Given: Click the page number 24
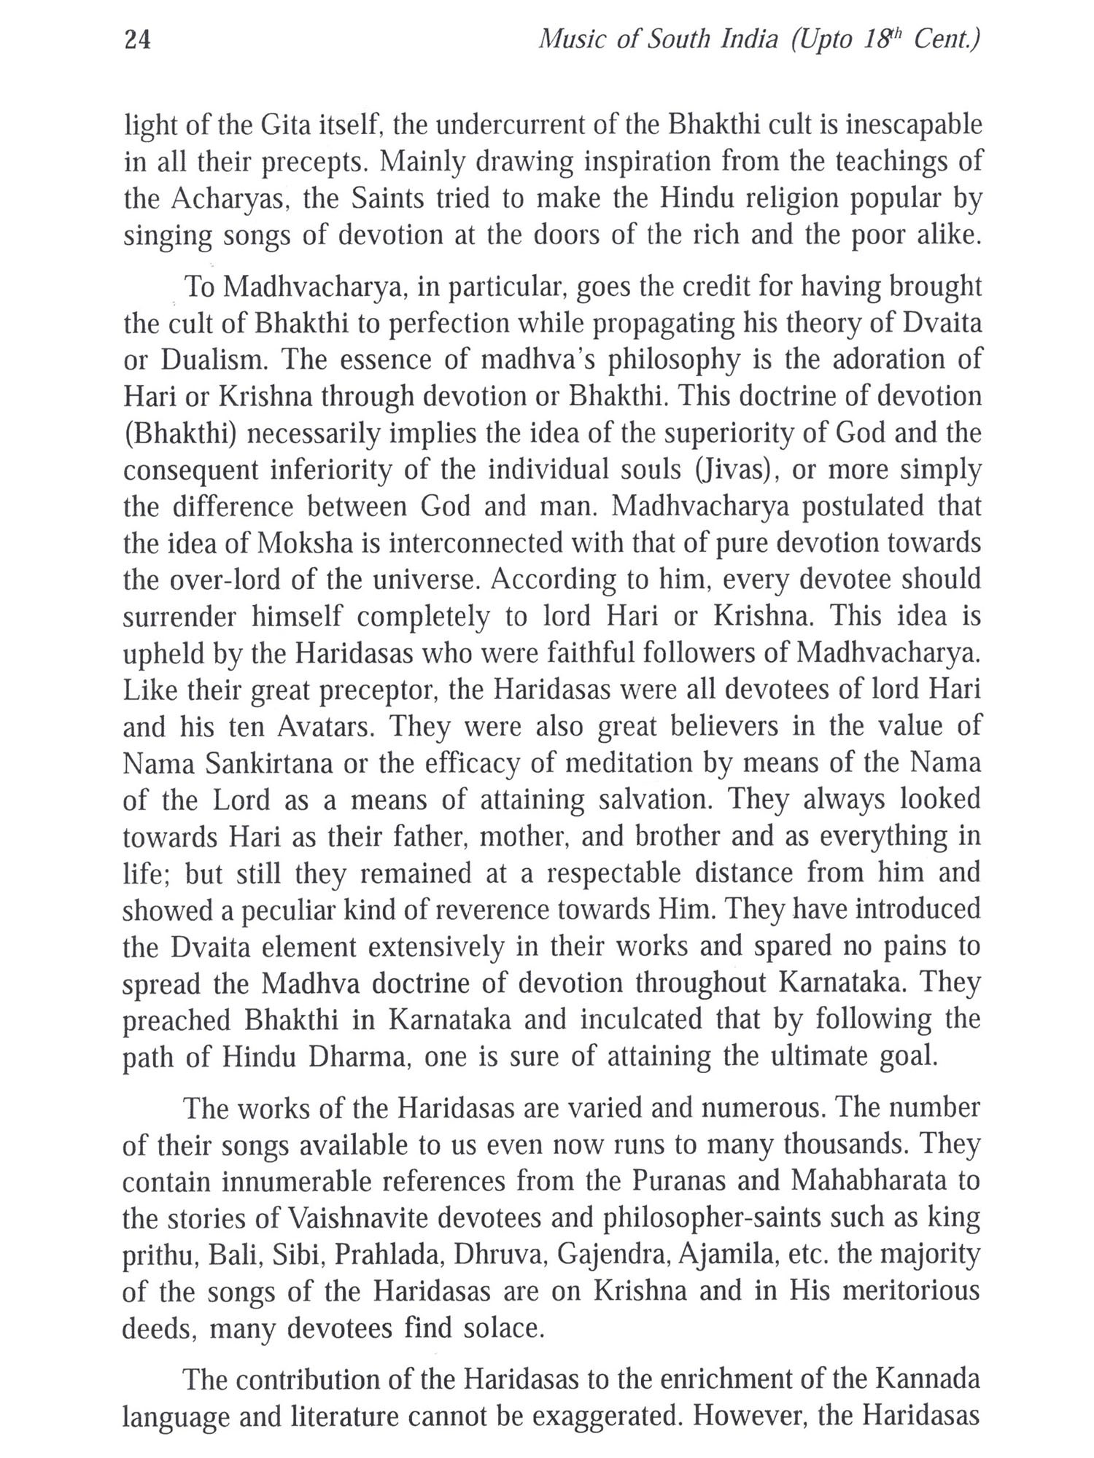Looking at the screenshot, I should tap(138, 40).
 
